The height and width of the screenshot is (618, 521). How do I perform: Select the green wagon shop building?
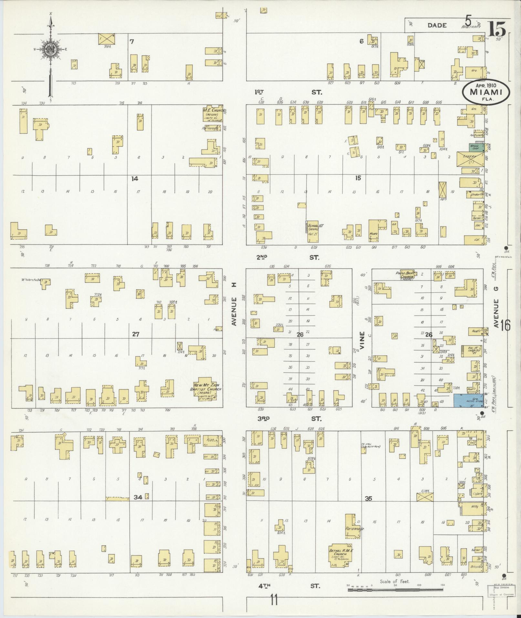click(x=476, y=147)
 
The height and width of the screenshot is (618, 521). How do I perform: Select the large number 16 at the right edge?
click(x=505, y=326)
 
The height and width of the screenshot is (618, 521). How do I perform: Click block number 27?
click(x=135, y=334)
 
